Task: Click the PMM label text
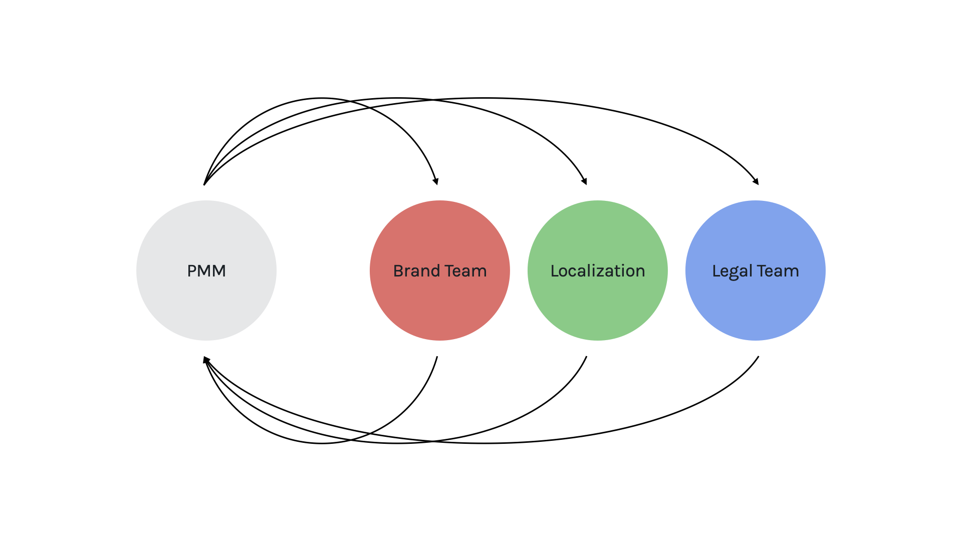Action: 206,271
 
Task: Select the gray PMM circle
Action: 206,270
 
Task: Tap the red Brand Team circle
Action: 440,270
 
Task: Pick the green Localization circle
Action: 598,270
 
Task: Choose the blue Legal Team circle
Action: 756,270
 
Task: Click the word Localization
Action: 598,271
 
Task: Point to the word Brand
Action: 416,271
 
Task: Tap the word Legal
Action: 732,272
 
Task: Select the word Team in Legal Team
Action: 778,271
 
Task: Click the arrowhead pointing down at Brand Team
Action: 436,181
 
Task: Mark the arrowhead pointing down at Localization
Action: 584,181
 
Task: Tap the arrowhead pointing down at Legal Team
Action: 756,181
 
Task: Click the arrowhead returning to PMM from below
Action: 206,360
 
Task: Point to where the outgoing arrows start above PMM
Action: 204,185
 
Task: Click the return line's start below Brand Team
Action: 437,357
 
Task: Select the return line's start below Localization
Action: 586,357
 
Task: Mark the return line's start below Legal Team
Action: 759,357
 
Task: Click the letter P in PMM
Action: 192,271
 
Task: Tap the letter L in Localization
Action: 555,271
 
